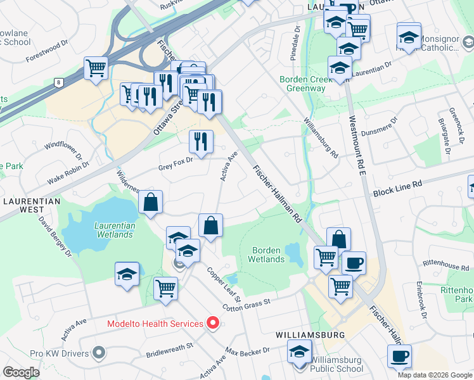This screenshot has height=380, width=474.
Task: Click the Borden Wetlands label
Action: [x=266, y=255]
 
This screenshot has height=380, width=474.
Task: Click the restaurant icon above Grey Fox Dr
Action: [x=201, y=141]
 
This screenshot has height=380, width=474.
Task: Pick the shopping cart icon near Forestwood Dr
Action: [x=96, y=67]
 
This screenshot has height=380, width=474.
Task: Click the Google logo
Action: [x=22, y=372]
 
